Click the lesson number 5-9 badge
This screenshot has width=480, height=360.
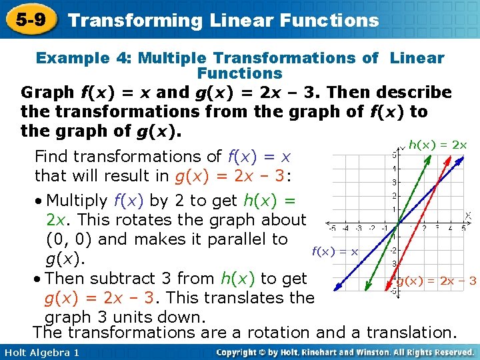click(x=28, y=19)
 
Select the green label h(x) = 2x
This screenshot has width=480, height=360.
click(x=437, y=145)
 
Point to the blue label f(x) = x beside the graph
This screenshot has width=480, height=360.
click(x=335, y=251)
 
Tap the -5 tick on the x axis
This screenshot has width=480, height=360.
click(x=331, y=229)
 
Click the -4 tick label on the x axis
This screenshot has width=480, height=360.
click(x=346, y=229)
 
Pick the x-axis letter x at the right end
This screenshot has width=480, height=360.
click(x=468, y=215)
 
